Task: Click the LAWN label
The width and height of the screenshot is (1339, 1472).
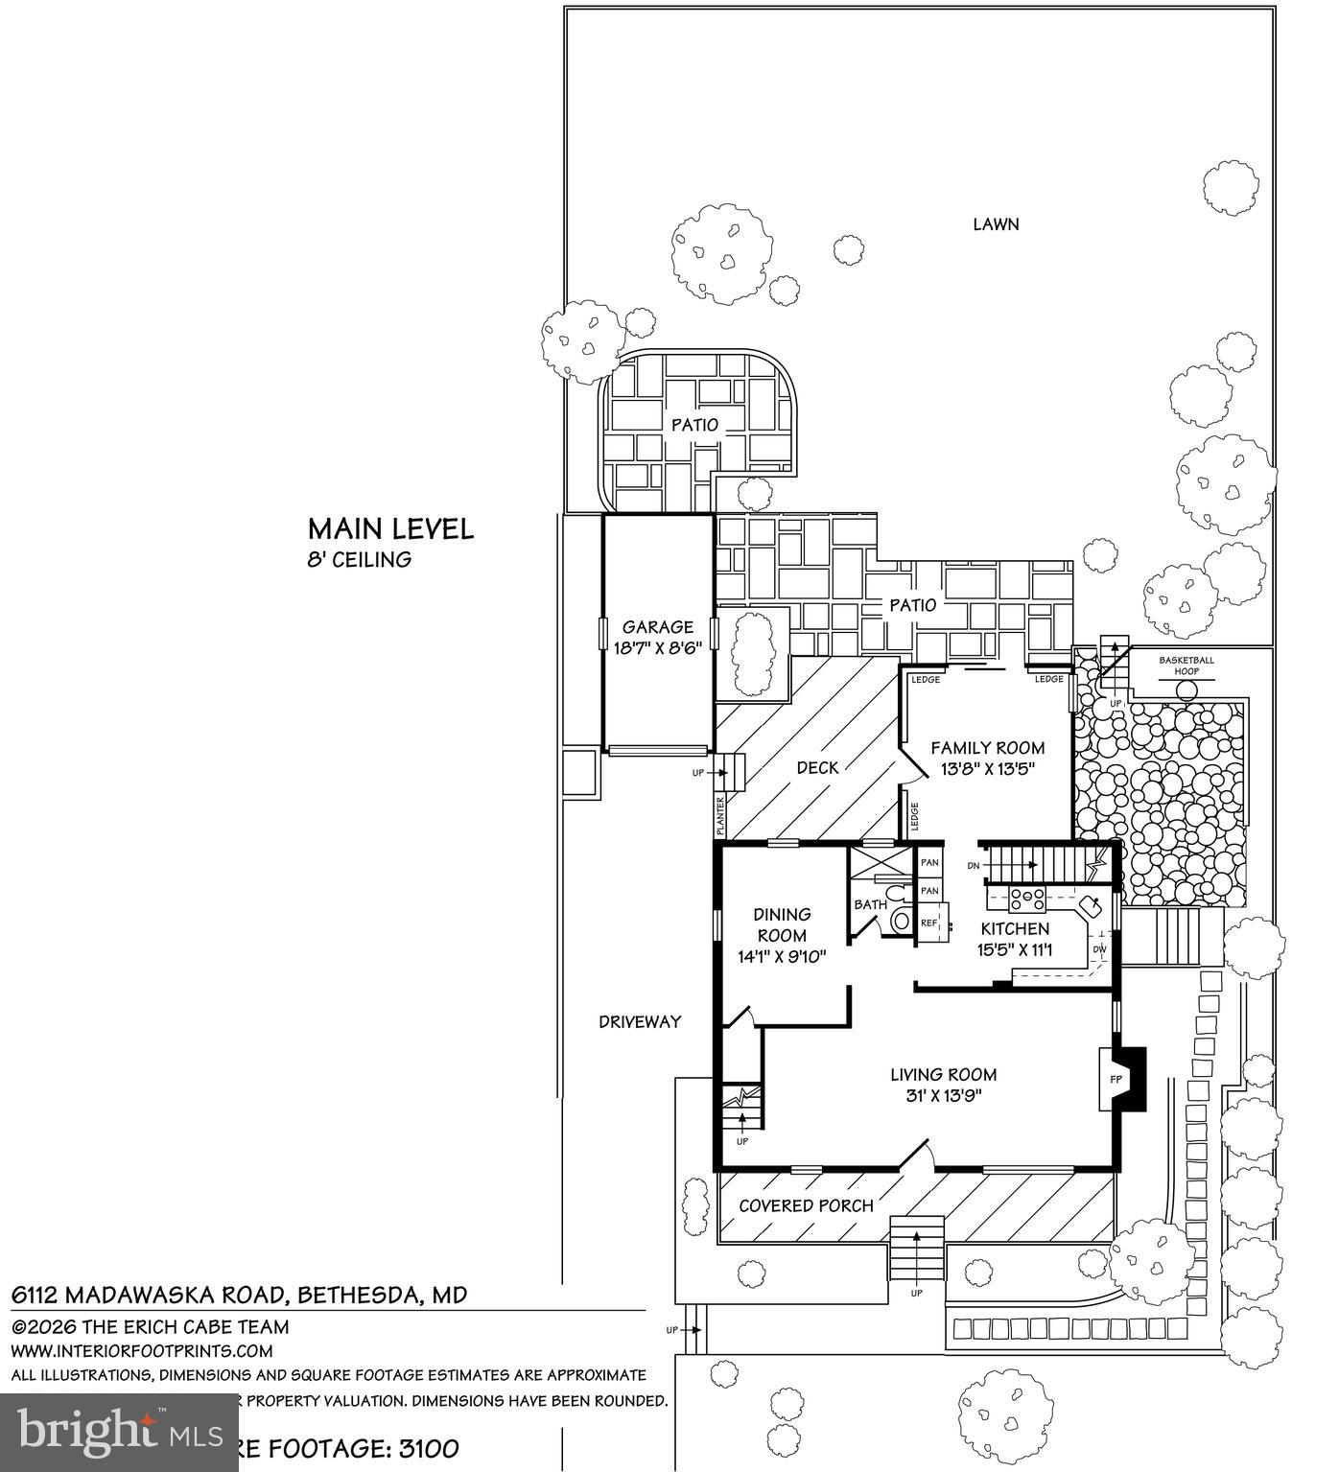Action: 996,224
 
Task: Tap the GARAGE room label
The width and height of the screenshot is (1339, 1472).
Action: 657,628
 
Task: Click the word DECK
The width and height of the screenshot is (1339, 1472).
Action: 817,767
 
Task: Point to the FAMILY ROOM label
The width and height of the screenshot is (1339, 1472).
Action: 987,748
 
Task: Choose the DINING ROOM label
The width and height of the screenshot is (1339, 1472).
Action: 782,924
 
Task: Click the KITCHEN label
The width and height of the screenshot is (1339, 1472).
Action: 1015,928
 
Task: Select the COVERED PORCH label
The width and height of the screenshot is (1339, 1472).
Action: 806,1205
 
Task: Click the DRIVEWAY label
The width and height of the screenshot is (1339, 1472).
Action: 640,1022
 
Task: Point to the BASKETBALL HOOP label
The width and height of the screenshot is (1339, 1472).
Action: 1186,666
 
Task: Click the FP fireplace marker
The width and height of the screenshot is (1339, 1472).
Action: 1116,1079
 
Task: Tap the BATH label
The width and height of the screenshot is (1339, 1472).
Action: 870,904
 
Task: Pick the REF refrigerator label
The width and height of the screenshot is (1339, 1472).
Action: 928,923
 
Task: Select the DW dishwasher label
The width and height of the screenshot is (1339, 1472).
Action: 1099,950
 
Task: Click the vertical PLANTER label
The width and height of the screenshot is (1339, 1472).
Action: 720,816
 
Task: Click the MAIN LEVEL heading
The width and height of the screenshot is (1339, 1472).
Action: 390,529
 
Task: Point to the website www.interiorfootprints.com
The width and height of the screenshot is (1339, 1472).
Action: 142,1351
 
